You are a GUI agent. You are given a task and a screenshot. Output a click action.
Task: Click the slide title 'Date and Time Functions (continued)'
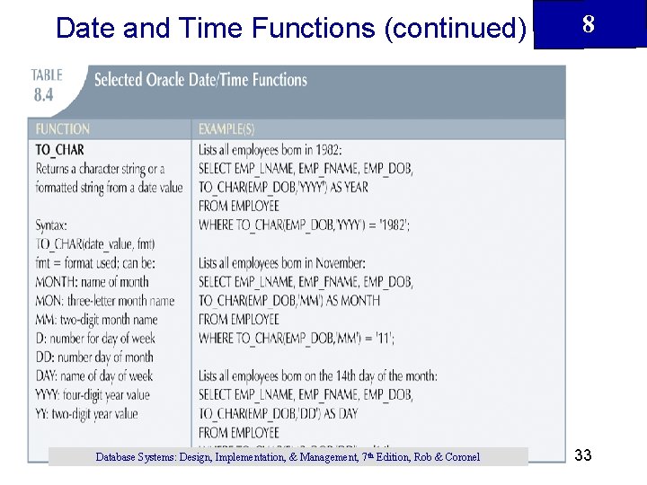pos(290,28)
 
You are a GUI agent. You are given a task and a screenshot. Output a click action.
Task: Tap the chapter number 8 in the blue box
pos(588,24)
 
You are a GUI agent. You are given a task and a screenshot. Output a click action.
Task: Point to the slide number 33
pos(583,456)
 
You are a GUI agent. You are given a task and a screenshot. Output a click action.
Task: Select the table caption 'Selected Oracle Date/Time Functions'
pos(200,80)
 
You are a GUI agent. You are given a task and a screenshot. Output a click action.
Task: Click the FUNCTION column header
pos(63,129)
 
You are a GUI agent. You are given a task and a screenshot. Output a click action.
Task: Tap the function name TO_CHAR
pos(60,149)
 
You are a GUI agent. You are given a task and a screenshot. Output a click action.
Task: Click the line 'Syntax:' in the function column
pos(52,225)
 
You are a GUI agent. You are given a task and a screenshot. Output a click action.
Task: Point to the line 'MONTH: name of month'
pos(93,281)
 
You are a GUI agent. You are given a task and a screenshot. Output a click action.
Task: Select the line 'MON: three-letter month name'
pos(105,300)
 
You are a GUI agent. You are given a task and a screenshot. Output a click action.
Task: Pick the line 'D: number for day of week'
pos(95,338)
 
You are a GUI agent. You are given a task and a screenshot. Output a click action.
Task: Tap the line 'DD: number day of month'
pos(93,357)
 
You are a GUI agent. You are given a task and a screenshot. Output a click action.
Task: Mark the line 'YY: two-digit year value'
pos(87,413)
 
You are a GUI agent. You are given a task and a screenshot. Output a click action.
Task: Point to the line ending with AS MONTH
pos(289,300)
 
